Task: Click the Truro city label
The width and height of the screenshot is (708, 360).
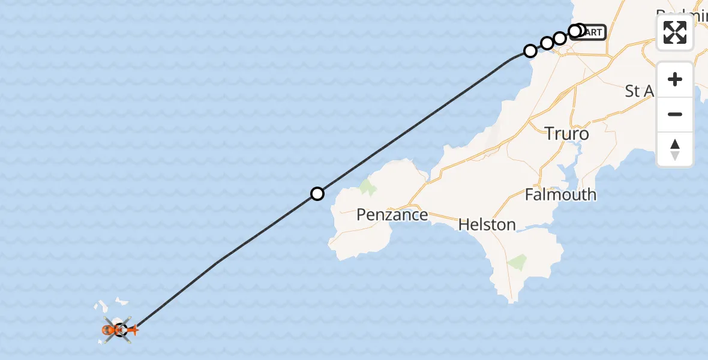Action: tap(566, 133)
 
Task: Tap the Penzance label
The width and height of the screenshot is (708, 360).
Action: tap(392, 215)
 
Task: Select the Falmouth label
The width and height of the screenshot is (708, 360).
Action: tap(560, 194)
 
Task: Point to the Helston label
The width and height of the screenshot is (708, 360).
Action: tap(487, 225)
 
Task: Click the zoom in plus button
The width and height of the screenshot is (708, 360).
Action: tap(675, 79)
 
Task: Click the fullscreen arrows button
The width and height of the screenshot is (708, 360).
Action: tap(675, 32)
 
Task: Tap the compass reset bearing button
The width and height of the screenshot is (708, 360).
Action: tap(675, 149)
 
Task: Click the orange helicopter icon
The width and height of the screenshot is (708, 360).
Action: tap(111, 329)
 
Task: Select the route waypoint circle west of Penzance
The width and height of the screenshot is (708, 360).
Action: tap(317, 193)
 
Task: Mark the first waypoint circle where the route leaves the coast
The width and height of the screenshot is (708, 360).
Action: tap(530, 51)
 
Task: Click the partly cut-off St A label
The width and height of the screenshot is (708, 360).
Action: tap(638, 91)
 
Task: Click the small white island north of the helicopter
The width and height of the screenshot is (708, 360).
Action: tap(122, 299)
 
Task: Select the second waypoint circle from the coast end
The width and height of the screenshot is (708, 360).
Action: tap(547, 43)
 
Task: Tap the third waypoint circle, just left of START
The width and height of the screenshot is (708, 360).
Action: tap(559, 38)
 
